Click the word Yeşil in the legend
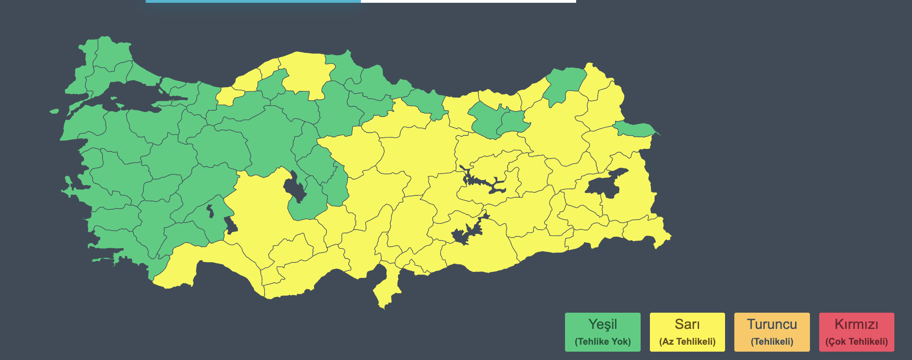pyautogui.click(x=603, y=324)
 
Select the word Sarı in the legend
pyautogui.click(x=687, y=324)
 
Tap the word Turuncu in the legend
pyautogui.click(x=772, y=324)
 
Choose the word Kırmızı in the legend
pyautogui.click(x=856, y=324)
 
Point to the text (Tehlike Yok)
pyautogui.click(x=603, y=342)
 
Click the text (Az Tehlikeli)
pyautogui.click(x=687, y=342)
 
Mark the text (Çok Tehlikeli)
pyautogui.click(x=856, y=342)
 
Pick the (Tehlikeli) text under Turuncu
pyautogui.click(x=772, y=342)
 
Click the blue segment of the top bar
pyautogui.click(x=253, y=1)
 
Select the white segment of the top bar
pyautogui.click(x=468, y=1)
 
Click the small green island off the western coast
pyautogui.click(x=54, y=111)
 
